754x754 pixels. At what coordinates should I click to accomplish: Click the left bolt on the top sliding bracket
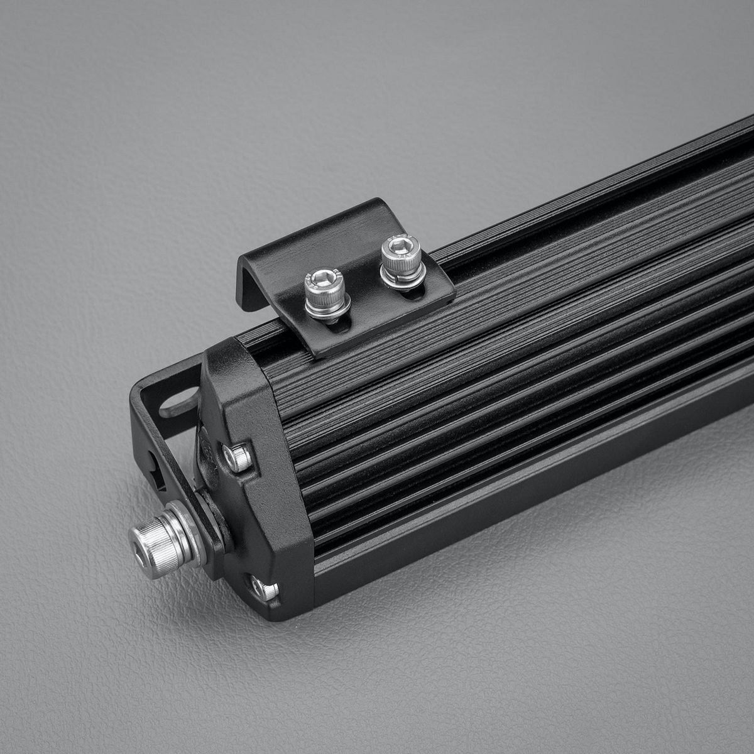click(325, 293)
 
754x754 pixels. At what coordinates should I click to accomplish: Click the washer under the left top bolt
click(328, 310)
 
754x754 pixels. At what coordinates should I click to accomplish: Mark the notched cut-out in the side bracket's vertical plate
click(157, 471)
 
